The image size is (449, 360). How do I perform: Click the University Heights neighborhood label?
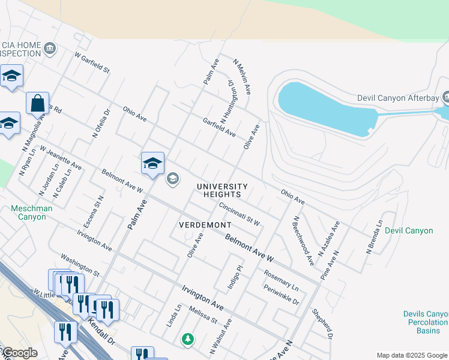(221, 190)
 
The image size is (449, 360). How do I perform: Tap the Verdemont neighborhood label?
(205, 224)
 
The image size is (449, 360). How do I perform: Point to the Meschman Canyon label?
(28, 212)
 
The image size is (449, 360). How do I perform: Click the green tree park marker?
(188, 339)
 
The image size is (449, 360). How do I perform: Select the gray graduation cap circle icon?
(173, 179)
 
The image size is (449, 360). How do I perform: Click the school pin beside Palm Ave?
(152, 163)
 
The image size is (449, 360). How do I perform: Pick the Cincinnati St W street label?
(239, 214)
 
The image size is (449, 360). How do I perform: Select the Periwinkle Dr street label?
(281, 295)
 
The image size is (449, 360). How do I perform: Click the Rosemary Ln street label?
(280, 280)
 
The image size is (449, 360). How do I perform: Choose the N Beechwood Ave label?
(303, 241)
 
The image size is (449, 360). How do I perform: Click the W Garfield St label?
(92, 62)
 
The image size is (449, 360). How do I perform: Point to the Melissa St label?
(202, 314)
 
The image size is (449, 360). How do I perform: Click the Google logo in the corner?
(19, 353)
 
